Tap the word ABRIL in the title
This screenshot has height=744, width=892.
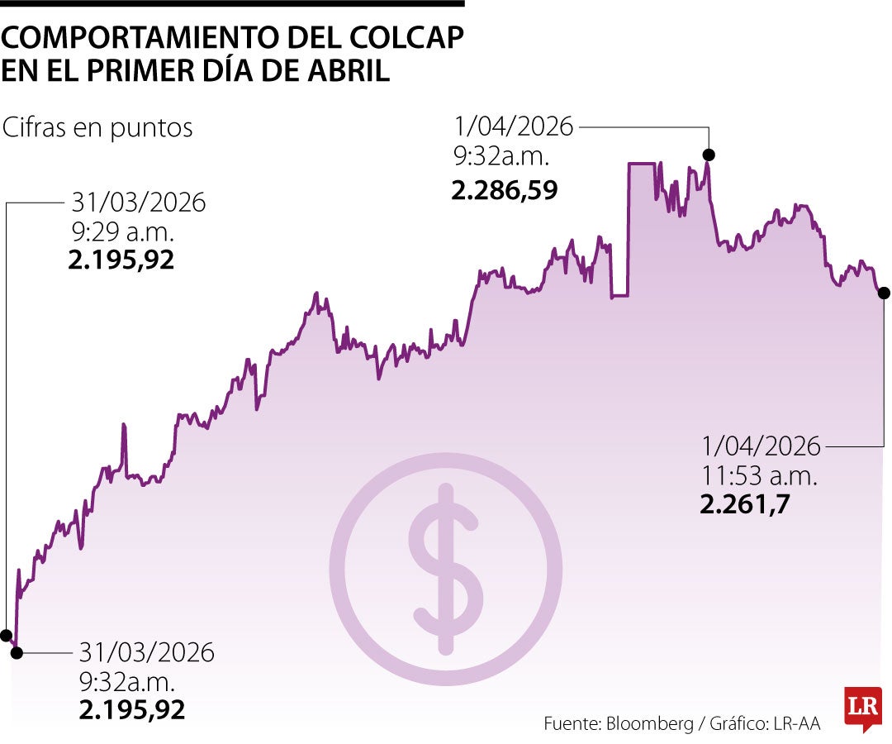[346, 70]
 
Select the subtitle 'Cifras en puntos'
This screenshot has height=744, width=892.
[97, 127]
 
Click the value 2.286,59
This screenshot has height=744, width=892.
[505, 191]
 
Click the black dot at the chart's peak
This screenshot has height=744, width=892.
[708, 155]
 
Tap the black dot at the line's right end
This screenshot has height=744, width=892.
[884, 293]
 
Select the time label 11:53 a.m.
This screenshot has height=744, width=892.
[759, 475]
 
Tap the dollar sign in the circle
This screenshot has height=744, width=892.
[446, 569]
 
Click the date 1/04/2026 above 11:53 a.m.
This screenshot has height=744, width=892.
[762, 447]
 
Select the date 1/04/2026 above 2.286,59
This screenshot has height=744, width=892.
[513, 126]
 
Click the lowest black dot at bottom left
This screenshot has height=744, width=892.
[17, 652]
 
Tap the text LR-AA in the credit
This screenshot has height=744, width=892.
[797, 723]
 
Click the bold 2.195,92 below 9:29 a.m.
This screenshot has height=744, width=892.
[121, 260]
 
